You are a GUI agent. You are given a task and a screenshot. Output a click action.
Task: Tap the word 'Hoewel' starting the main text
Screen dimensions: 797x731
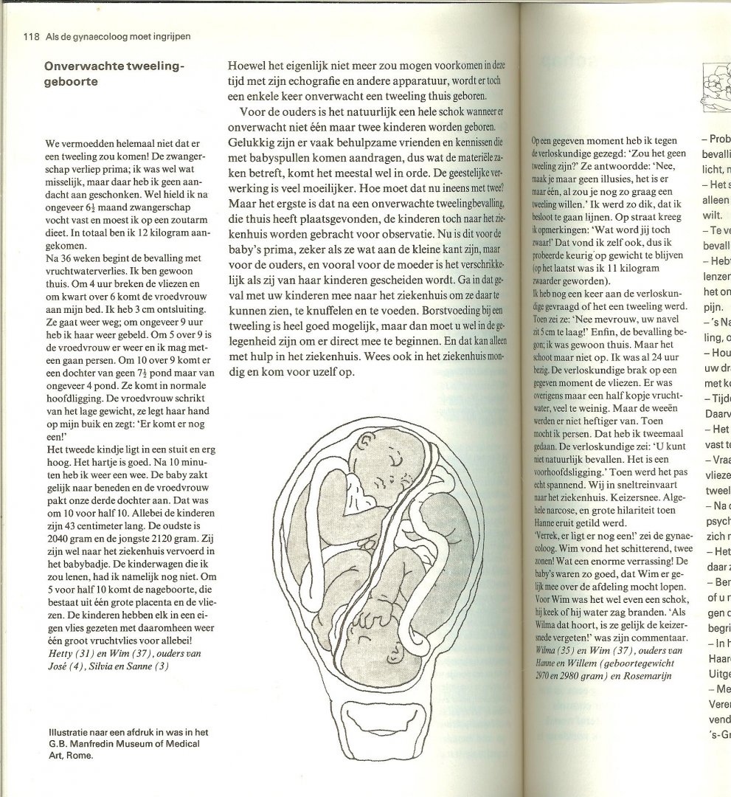[244, 64]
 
